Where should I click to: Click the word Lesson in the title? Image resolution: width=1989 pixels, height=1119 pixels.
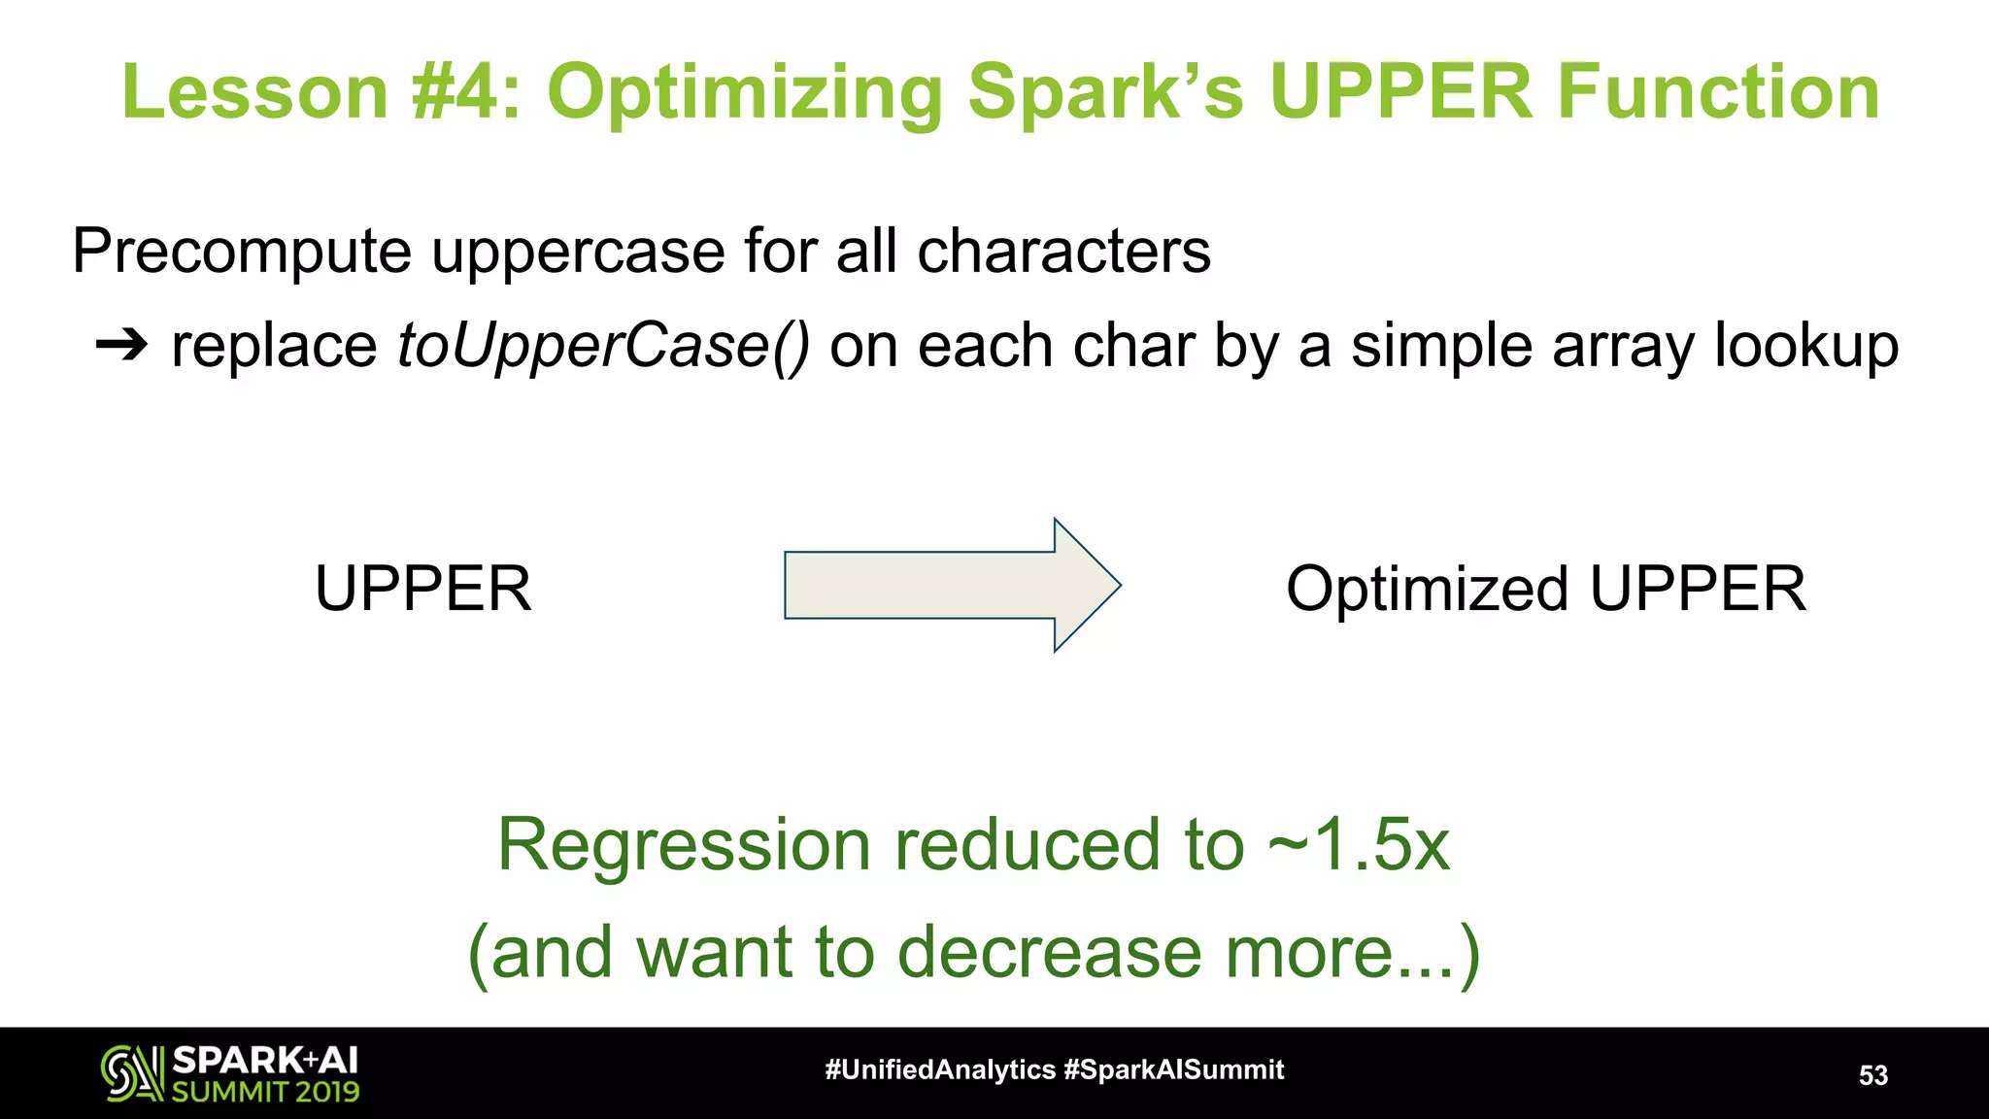pos(254,92)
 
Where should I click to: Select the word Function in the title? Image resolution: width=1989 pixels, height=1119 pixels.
pos(1719,92)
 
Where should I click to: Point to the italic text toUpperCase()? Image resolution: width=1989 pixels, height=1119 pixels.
pos(602,346)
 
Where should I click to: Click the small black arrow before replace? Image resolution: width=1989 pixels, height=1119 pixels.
pos(121,345)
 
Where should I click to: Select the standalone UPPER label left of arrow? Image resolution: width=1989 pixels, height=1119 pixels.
pos(423,589)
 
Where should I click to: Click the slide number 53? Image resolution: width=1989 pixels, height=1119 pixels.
pos(1872,1075)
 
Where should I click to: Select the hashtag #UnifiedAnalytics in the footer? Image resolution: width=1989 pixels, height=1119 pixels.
pos(939,1069)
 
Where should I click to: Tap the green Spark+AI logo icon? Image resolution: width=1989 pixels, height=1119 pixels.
pos(131,1073)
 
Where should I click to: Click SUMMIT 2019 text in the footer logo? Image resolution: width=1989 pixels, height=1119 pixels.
pos(265,1092)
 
